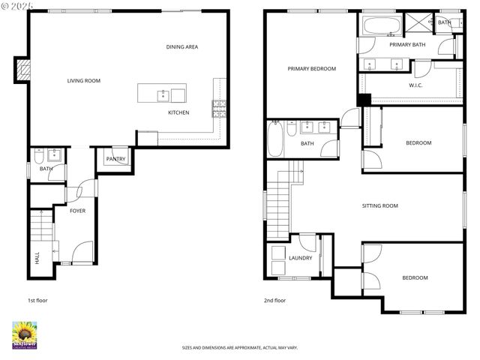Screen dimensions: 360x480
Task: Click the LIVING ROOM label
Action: point(83,81)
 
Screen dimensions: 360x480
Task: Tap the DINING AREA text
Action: point(182,47)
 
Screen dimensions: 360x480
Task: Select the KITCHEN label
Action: point(178,112)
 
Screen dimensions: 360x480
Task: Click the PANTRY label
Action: point(115,159)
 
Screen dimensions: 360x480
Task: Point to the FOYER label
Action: point(77,211)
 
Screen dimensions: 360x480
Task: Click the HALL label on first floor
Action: point(37,258)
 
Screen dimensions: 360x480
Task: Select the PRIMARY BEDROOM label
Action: point(311,68)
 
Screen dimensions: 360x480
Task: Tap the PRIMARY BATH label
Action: point(407,45)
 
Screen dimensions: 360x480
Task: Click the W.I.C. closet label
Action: point(416,85)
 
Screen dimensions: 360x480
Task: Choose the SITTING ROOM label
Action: point(379,205)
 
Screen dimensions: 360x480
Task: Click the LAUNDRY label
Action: point(300,258)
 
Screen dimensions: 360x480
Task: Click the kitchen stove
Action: point(220,109)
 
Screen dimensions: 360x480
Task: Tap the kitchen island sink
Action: point(162,94)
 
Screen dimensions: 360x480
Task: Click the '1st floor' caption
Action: point(37,300)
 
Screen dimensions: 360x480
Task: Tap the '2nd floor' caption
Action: point(274,300)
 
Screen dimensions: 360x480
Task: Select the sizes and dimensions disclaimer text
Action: point(240,348)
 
